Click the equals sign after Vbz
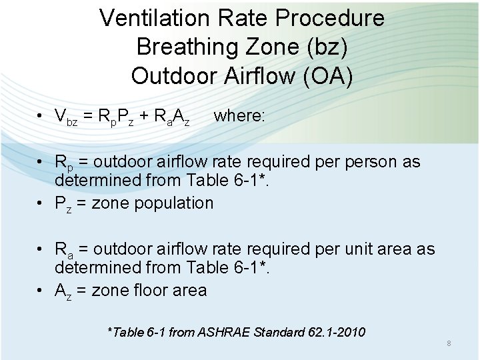coord(88,116)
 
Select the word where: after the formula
coord(239,115)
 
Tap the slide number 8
coord(449,343)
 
